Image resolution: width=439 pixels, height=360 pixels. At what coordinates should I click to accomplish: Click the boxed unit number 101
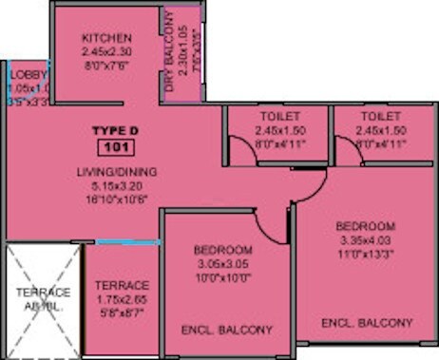pos(116,146)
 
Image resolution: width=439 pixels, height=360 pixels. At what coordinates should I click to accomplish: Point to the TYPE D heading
pos(116,129)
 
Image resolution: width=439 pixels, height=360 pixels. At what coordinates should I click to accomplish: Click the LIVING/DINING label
pos(118,171)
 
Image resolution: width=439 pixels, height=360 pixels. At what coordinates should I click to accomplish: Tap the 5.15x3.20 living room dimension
pos(118,187)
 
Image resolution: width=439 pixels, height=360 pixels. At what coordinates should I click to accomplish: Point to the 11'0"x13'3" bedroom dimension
pos(366,254)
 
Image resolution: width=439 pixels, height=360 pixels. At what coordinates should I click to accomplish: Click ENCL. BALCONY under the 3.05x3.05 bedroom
pos(227,330)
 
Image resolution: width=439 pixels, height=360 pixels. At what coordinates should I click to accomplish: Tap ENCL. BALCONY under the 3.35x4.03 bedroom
pos(367,323)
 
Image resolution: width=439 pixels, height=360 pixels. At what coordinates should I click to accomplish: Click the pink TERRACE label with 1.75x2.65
pos(123,285)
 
